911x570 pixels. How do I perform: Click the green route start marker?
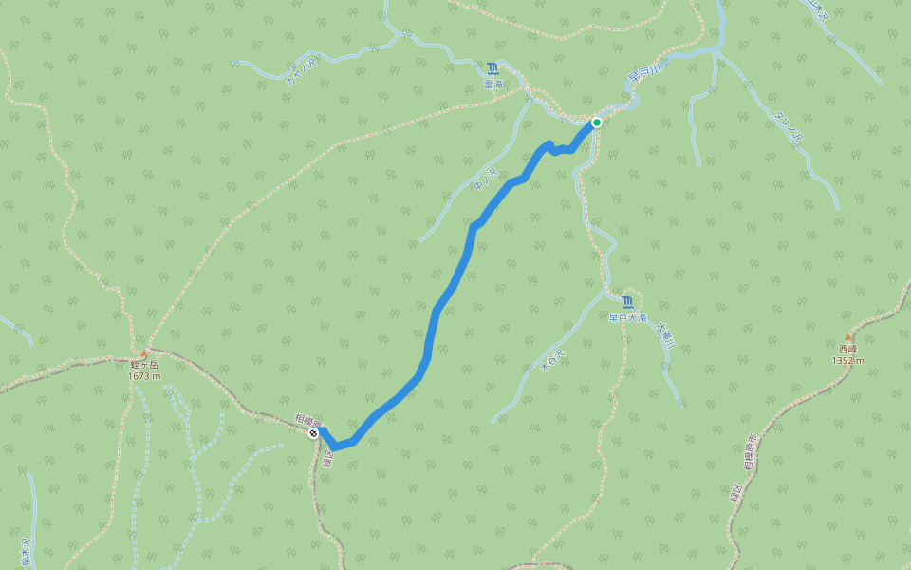click(x=597, y=123)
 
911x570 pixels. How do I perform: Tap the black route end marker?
click(x=314, y=433)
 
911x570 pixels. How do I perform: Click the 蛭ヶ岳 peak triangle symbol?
click(x=144, y=352)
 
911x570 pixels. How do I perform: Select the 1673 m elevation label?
click(x=144, y=376)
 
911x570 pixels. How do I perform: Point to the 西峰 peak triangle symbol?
click(x=848, y=337)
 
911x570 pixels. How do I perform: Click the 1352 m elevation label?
click(x=847, y=361)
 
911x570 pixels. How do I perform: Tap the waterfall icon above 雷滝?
click(x=493, y=68)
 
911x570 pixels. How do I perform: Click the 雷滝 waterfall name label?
click(x=493, y=85)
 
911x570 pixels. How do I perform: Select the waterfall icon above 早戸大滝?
click(x=627, y=302)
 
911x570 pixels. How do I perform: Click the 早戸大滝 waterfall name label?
click(x=627, y=318)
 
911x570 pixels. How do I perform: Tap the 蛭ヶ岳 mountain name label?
click(x=144, y=365)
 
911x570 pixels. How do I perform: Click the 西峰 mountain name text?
click(x=847, y=349)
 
